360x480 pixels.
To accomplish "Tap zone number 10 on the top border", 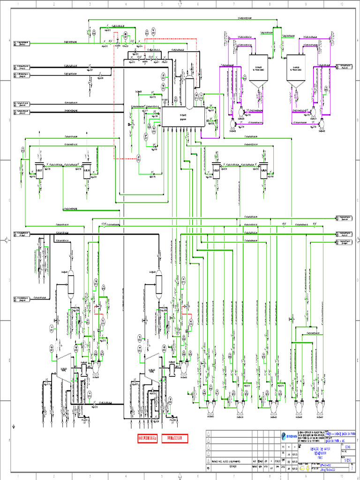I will [342, 3].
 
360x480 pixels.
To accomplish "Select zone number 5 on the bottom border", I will [162, 477].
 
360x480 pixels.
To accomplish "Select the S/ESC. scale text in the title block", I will [347, 461].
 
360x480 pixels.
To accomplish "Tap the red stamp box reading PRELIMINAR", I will [174, 439].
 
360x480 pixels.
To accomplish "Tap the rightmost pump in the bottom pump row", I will [320, 407].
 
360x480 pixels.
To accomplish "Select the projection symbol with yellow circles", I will [306, 468].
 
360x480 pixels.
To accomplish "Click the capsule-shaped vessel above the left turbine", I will [71, 284].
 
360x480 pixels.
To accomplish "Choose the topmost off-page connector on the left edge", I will [22, 43].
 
